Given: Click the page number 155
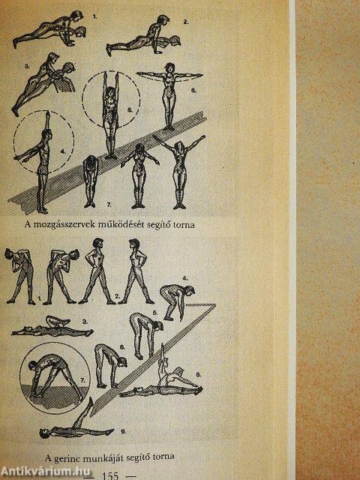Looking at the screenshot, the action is (x=110, y=475).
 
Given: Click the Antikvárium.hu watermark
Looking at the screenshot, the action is (x=46, y=472).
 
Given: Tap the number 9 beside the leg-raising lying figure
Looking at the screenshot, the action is (x=123, y=432).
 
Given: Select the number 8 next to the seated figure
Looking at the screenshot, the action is (x=198, y=374).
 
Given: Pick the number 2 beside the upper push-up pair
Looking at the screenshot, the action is (x=185, y=22).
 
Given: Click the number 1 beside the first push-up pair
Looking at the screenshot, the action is (x=94, y=17).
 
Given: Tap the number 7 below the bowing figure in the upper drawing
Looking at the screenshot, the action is (x=109, y=205).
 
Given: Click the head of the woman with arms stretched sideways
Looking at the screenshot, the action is (x=169, y=68).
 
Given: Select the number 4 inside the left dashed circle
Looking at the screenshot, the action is (x=63, y=151).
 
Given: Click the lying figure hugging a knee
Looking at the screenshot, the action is (x=52, y=328).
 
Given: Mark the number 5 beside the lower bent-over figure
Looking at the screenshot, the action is (x=155, y=313).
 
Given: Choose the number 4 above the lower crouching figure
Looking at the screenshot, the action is (x=185, y=279).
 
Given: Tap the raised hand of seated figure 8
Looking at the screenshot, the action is (x=163, y=348).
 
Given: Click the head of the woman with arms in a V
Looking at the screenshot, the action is (x=179, y=148).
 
